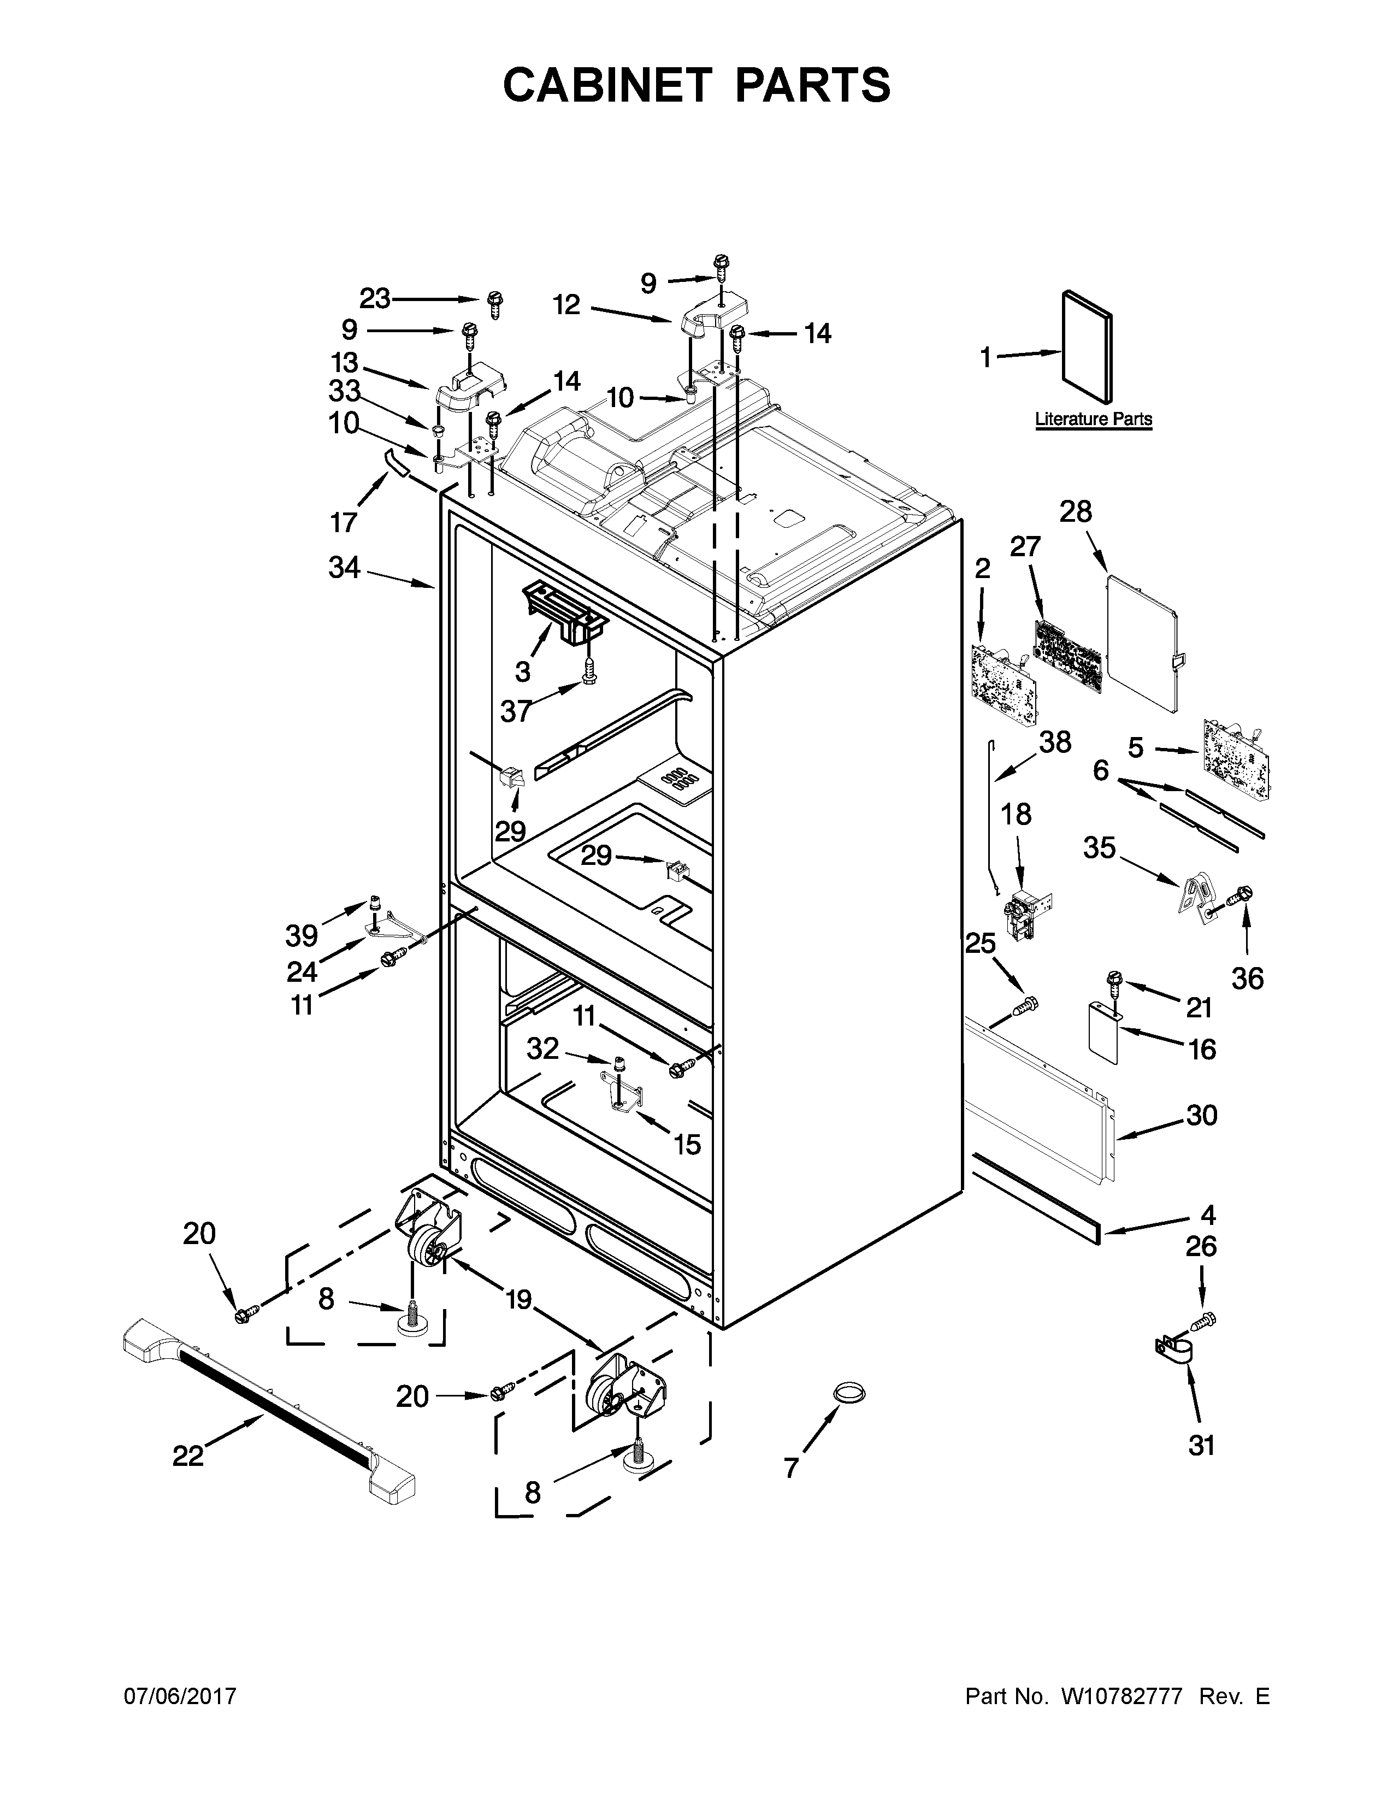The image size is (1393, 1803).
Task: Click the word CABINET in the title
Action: tap(606, 85)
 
